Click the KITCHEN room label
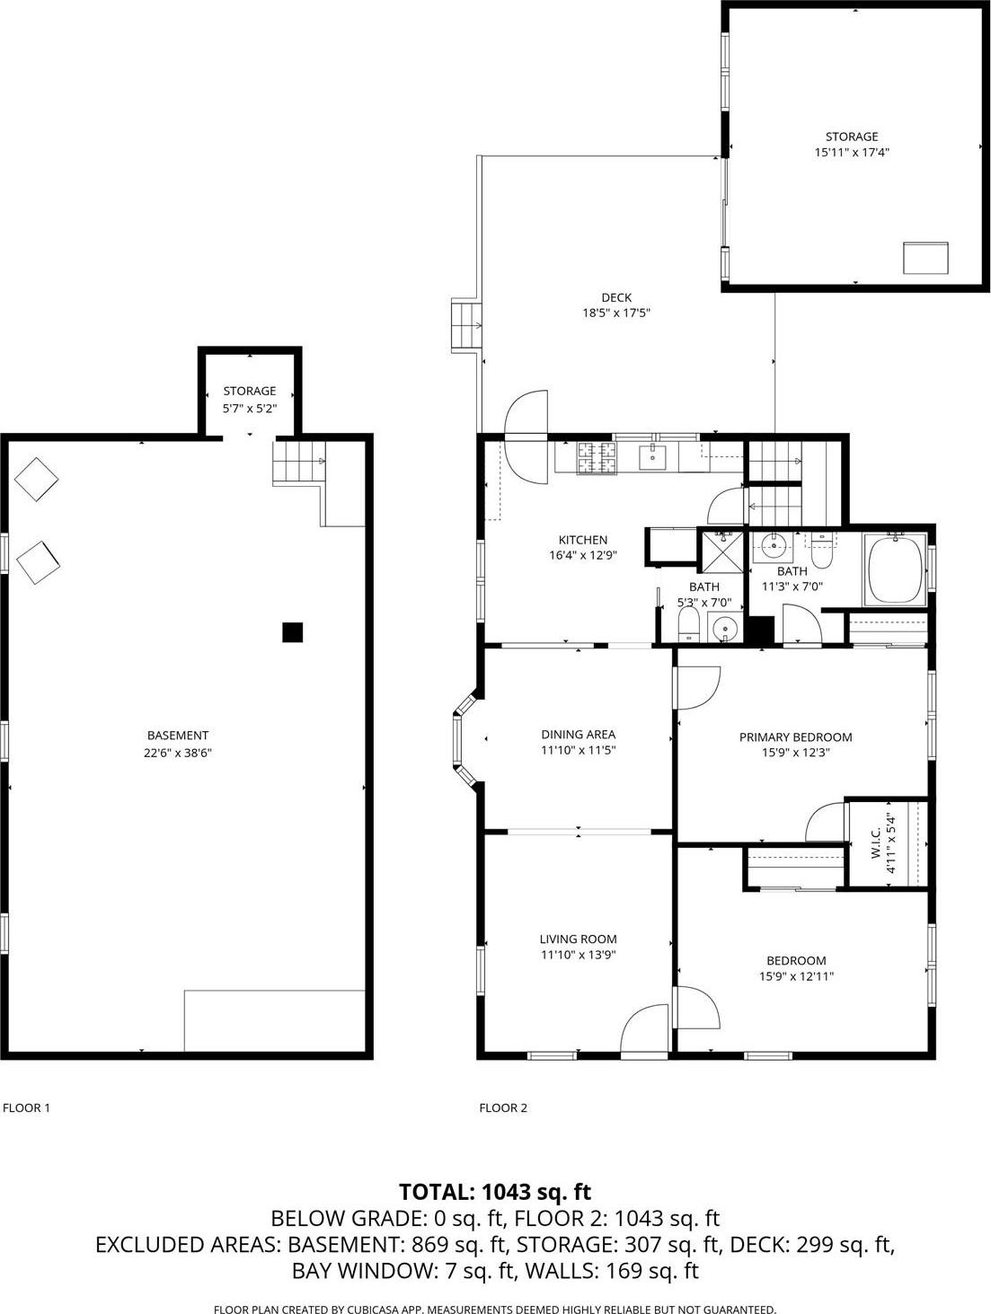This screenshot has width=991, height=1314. (x=583, y=540)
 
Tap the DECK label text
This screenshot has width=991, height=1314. (x=616, y=297)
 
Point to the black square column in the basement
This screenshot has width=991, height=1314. (x=292, y=632)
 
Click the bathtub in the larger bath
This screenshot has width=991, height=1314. (x=895, y=569)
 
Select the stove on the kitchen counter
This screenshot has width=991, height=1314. (x=597, y=458)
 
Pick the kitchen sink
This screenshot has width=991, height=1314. (x=652, y=457)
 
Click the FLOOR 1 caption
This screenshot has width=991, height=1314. (x=27, y=1107)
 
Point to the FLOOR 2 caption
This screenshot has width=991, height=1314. (x=503, y=1107)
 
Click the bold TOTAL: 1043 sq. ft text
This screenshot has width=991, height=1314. (x=495, y=1192)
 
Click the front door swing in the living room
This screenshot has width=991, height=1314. (x=645, y=1027)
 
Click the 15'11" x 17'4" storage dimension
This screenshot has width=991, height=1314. (x=853, y=153)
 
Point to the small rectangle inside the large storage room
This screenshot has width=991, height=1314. (x=925, y=257)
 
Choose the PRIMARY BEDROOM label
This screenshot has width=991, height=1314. (x=795, y=737)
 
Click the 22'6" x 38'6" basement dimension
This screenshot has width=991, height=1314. (x=178, y=753)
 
